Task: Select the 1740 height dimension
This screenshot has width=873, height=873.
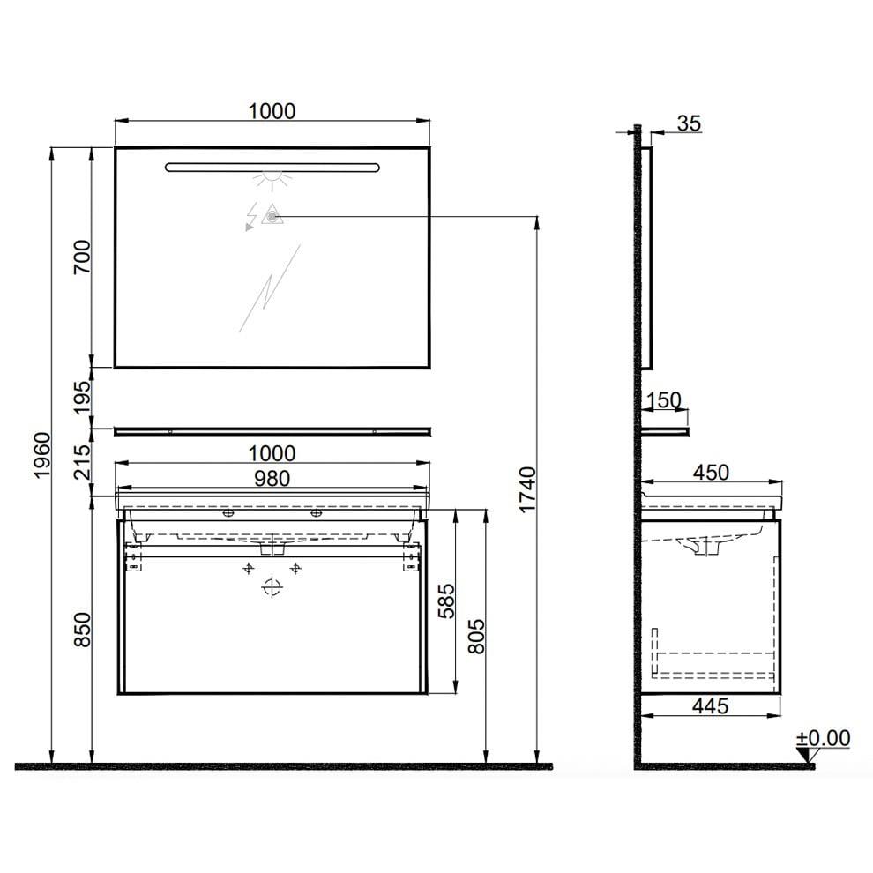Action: point(526,490)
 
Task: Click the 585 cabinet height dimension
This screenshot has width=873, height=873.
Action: point(445,600)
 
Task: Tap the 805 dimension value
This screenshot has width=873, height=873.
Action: point(476,635)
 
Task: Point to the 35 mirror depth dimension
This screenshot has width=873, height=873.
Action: point(689,123)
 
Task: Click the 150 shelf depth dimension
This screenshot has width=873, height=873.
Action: point(663,400)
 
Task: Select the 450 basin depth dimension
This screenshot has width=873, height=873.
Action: point(710,473)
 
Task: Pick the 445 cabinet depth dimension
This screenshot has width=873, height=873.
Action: point(710,705)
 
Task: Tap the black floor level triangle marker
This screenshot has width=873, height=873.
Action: point(802,755)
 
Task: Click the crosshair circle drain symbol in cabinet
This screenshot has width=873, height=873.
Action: point(272,589)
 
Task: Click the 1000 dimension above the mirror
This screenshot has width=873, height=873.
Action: point(271,111)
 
